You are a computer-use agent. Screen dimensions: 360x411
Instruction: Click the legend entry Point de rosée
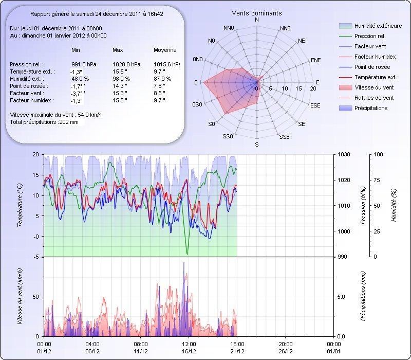(372, 67)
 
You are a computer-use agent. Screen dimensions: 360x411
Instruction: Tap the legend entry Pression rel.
(370, 36)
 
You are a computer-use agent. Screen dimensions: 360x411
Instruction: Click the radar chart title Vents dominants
(256, 13)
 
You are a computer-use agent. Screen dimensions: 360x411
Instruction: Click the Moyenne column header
(165, 50)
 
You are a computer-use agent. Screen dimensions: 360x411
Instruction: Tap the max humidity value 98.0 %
(121, 79)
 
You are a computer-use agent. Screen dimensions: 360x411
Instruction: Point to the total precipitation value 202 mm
(69, 122)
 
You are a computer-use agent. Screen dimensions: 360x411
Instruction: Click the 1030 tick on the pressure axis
(344, 154)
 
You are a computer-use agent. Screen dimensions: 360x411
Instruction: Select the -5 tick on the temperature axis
(35, 257)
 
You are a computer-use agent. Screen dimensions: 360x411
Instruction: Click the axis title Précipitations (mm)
(363, 296)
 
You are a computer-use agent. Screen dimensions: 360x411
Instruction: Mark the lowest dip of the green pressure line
(188, 254)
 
